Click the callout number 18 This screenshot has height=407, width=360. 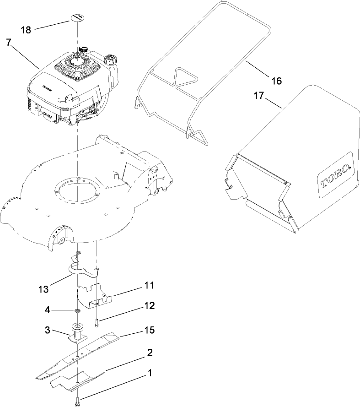[x=26, y=30]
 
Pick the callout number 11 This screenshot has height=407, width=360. [x=149, y=286]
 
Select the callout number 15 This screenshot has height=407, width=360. [x=149, y=330]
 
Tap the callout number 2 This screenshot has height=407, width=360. [x=149, y=353]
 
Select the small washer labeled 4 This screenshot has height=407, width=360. [x=77, y=312]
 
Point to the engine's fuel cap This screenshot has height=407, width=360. [x=111, y=60]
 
